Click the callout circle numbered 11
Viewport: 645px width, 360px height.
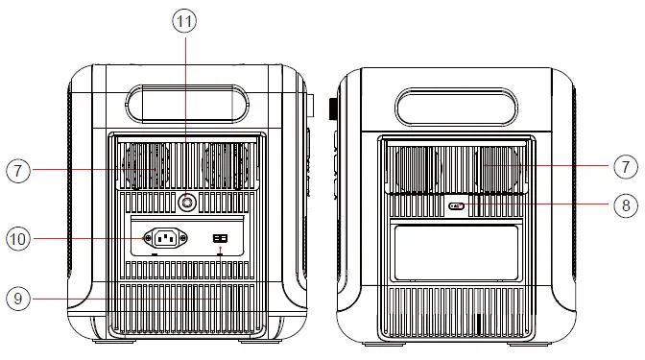pos(186,19)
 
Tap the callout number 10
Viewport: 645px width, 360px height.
pos(18,236)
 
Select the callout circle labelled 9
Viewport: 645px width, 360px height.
pos(18,299)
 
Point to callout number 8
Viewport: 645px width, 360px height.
pos(625,204)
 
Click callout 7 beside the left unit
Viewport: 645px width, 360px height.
pos(18,171)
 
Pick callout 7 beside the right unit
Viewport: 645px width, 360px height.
pos(625,165)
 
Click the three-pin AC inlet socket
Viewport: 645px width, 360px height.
pos(163,236)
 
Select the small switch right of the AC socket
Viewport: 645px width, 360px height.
pos(220,237)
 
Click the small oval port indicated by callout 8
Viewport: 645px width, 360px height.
pos(459,205)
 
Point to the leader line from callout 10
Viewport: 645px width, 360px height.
pos(86,236)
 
